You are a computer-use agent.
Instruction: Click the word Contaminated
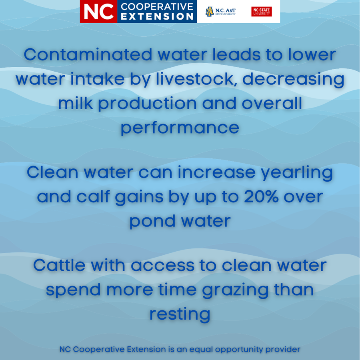pos(87,54)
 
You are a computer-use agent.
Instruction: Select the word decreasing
pos(293,79)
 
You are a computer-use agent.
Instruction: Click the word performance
pos(180,128)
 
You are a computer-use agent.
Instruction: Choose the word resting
pos(180,314)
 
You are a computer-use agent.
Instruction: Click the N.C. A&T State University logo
pos(220,12)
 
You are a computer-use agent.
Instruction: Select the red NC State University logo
pos(262,12)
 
